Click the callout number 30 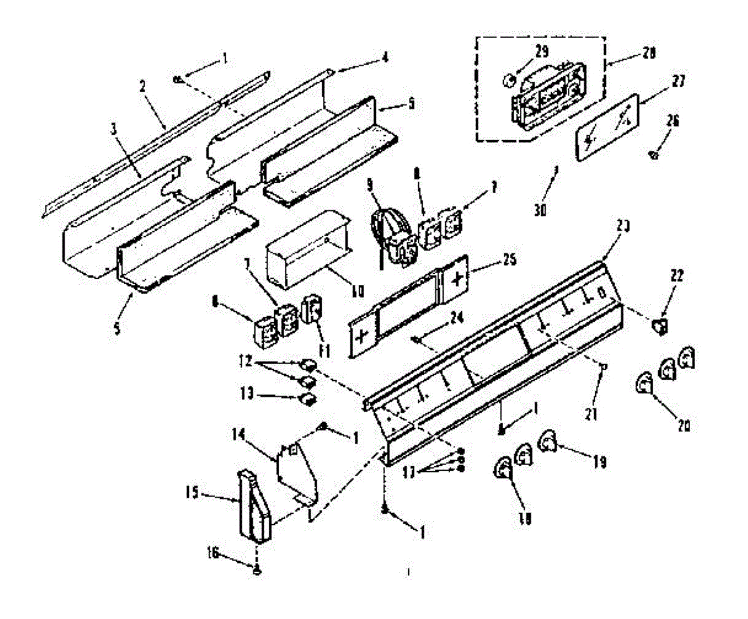click(540, 211)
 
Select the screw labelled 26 click(653, 154)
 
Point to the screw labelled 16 click(257, 569)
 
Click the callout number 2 click(142, 87)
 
